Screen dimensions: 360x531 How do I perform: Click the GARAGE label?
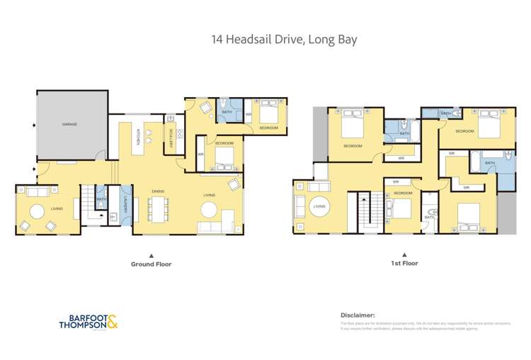(x=69, y=124)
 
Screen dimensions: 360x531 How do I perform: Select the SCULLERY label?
(x=171, y=134)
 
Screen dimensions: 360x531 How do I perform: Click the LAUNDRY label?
(x=126, y=205)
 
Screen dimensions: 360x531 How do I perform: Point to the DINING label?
(x=159, y=189)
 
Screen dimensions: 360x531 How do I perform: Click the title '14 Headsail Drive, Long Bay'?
(x=283, y=39)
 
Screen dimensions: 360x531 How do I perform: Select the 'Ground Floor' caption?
(x=151, y=264)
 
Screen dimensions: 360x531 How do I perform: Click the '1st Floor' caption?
(x=404, y=263)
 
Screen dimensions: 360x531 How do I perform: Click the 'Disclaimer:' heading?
(x=358, y=315)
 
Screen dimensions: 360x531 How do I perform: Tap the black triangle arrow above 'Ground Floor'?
(x=150, y=254)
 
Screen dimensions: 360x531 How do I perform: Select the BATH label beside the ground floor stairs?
(x=101, y=199)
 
